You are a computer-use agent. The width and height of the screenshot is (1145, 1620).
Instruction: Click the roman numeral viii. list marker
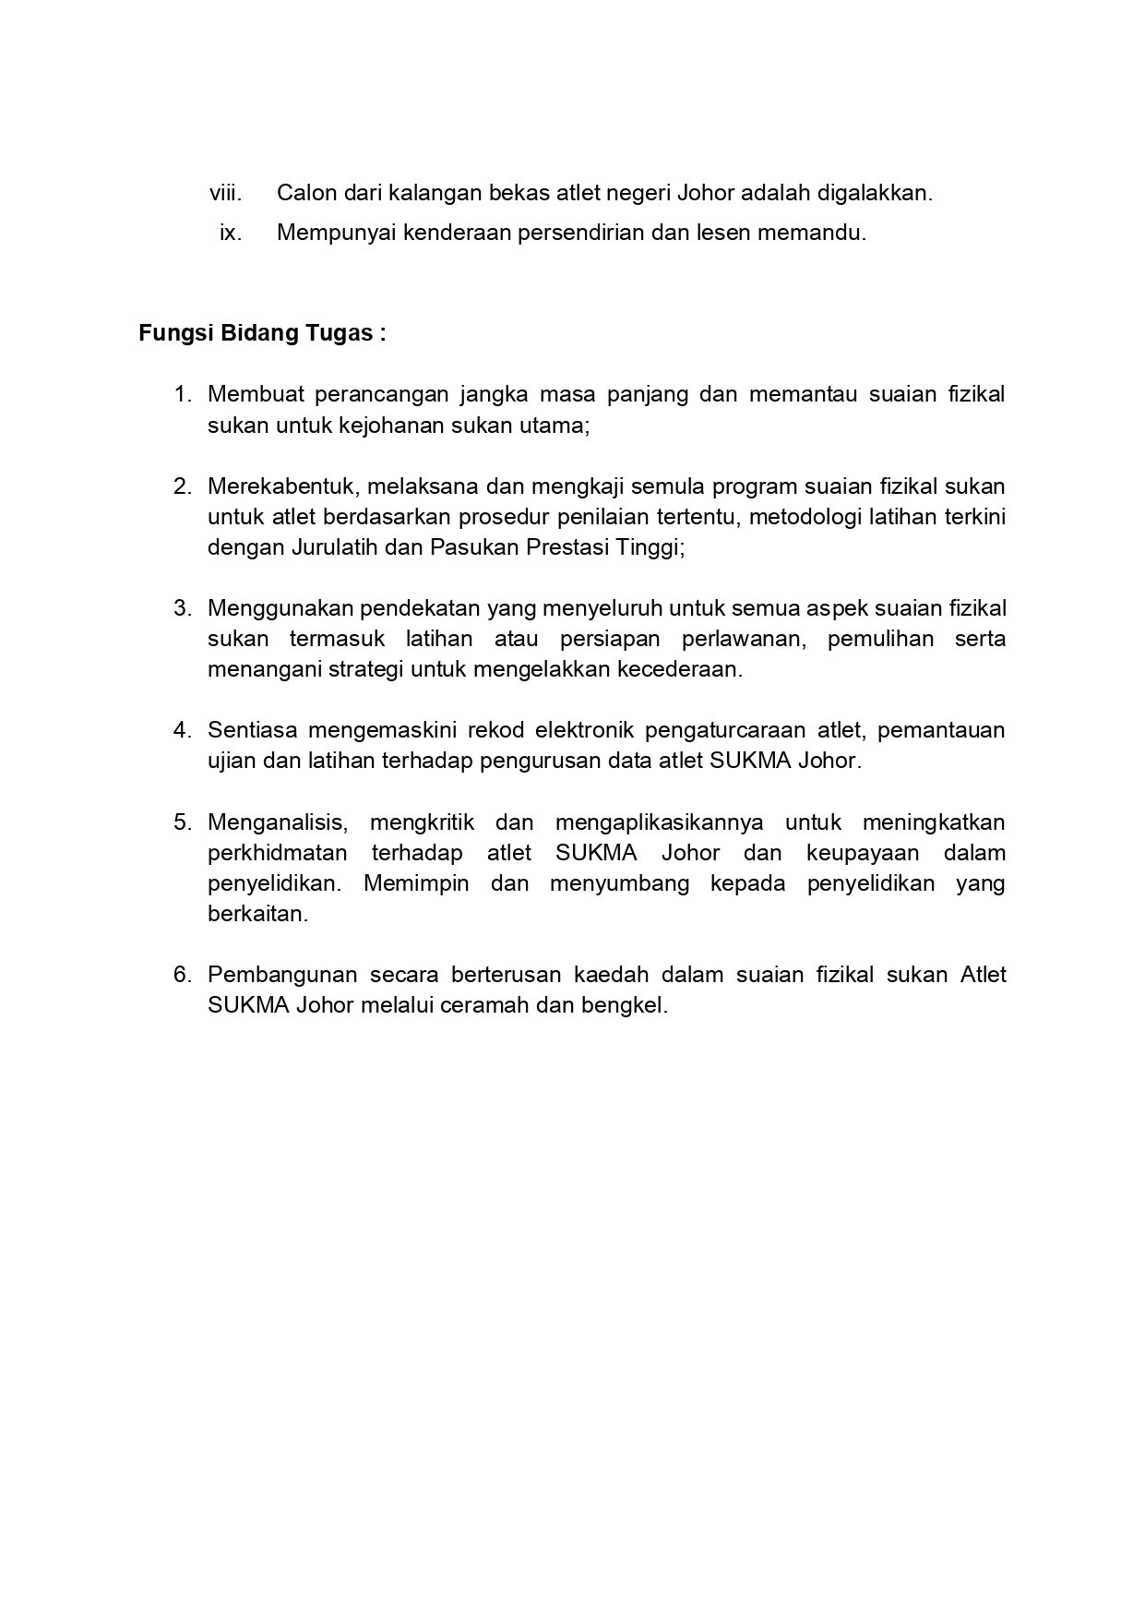click(225, 194)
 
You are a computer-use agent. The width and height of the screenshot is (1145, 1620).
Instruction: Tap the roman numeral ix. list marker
click(231, 233)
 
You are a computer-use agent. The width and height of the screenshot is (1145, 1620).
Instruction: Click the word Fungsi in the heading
click(175, 333)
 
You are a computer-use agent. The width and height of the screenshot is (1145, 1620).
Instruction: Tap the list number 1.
click(183, 395)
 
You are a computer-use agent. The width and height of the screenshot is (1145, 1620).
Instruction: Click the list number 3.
click(183, 608)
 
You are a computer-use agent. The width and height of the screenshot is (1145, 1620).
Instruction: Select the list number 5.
click(183, 822)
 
